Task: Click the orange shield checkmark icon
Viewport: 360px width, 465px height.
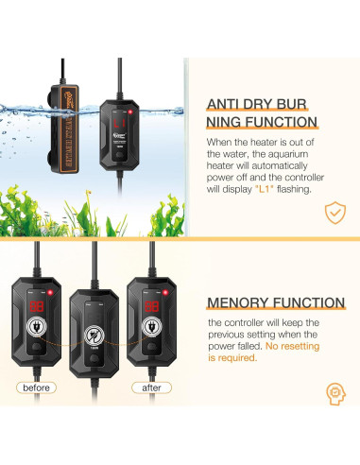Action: tap(332, 213)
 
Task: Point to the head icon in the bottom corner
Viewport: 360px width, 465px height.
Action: tap(334, 390)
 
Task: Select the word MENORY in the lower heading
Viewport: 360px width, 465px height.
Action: tap(242, 302)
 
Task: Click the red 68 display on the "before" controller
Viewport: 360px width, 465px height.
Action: tap(35, 281)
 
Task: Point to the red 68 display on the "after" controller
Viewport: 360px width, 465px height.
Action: tap(151, 281)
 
